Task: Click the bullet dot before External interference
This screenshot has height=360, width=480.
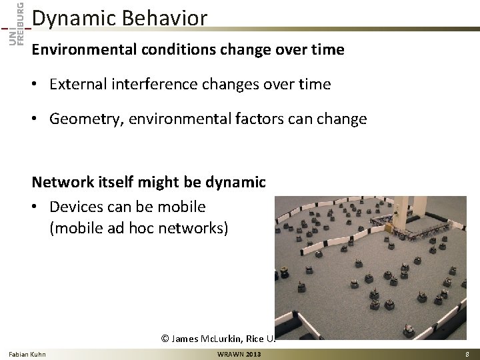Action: click(38, 85)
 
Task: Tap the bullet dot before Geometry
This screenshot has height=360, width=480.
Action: click(38, 119)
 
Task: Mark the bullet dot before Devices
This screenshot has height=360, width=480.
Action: click(38, 207)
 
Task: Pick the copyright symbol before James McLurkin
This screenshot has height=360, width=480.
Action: click(167, 339)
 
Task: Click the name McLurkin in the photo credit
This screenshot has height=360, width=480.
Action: click(232, 339)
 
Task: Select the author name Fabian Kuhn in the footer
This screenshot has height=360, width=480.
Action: click(27, 353)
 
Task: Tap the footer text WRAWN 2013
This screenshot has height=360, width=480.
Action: click(239, 353)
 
